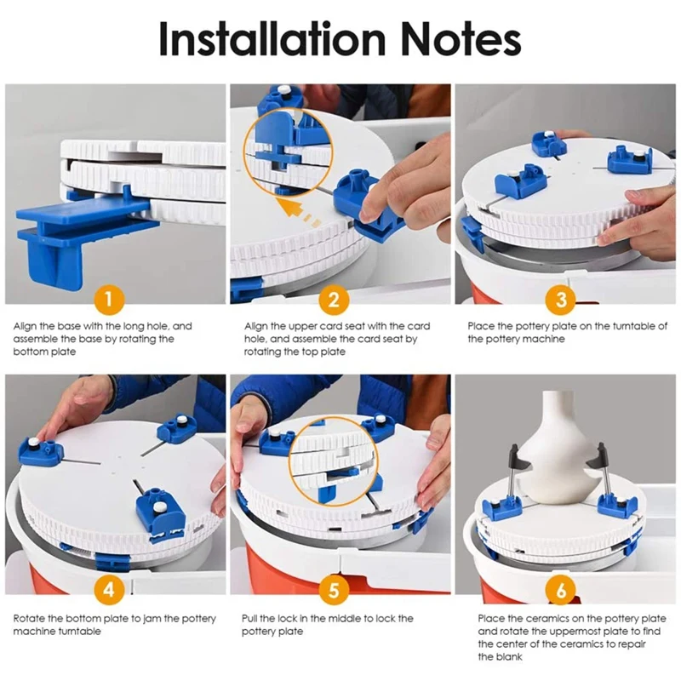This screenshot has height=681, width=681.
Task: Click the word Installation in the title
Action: (x=272, y=38)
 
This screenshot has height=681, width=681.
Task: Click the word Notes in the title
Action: (x=461, y=38)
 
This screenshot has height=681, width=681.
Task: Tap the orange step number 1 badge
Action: (x=109, y=300)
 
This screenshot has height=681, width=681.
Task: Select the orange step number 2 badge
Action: (x=334, y=300)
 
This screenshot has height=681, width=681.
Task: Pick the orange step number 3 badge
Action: (x=561, y=300)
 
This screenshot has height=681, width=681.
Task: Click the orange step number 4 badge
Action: (x=109, y=589)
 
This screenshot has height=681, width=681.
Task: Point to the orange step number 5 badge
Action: (x=334, y=589)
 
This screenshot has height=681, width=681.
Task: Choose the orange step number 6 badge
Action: (x=561, y=589)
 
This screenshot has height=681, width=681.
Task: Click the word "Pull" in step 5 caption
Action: (x=249, y=618)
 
